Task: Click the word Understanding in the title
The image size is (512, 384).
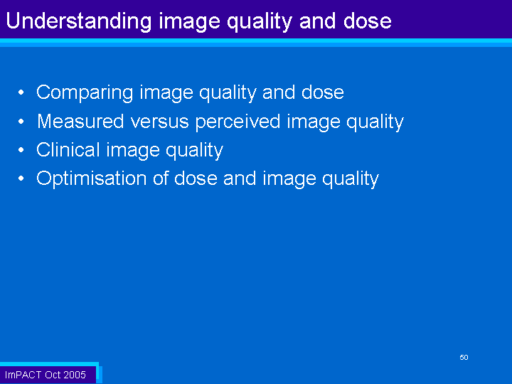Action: tap(79, 21)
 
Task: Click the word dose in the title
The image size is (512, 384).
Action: tap(368, 20)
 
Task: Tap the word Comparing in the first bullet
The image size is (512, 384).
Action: tap(85, 93)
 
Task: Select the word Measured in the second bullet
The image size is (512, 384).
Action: tap(80, 121)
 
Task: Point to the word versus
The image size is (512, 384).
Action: tap(160, 122)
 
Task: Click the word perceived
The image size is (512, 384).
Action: tap(238, 122)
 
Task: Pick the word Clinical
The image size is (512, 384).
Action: tap(68, 150)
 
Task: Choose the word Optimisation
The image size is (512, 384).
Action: tap(92, 179)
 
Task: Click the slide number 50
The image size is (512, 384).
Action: tap(464, 357)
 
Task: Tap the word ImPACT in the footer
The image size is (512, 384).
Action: tap(23, 375)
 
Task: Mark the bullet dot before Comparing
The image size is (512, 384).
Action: tap(21, 92)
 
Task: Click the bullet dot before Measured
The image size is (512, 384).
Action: tap(21, 122)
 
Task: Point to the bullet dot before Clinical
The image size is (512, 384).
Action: tap(21, 150)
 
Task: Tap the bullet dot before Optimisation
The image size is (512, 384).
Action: tap(21, 178)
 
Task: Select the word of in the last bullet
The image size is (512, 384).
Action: tap(160, 178)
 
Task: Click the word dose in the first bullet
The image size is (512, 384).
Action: tap(323, 92)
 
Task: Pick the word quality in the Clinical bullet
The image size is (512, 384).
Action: tap(195, 151)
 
